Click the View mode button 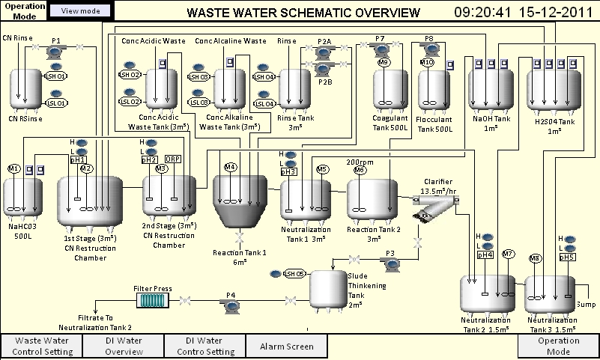point(82,10)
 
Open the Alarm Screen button point(288,346)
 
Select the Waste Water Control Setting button point(41,346)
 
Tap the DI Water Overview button point(123,346)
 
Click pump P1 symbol point(56,49)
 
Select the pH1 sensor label point(78,159)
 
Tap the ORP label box point(173,159)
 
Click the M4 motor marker point(231,167)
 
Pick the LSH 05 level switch point(294,273)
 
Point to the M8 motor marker point(535,259)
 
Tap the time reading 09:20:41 point(482,13)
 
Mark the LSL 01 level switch point(57,103)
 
